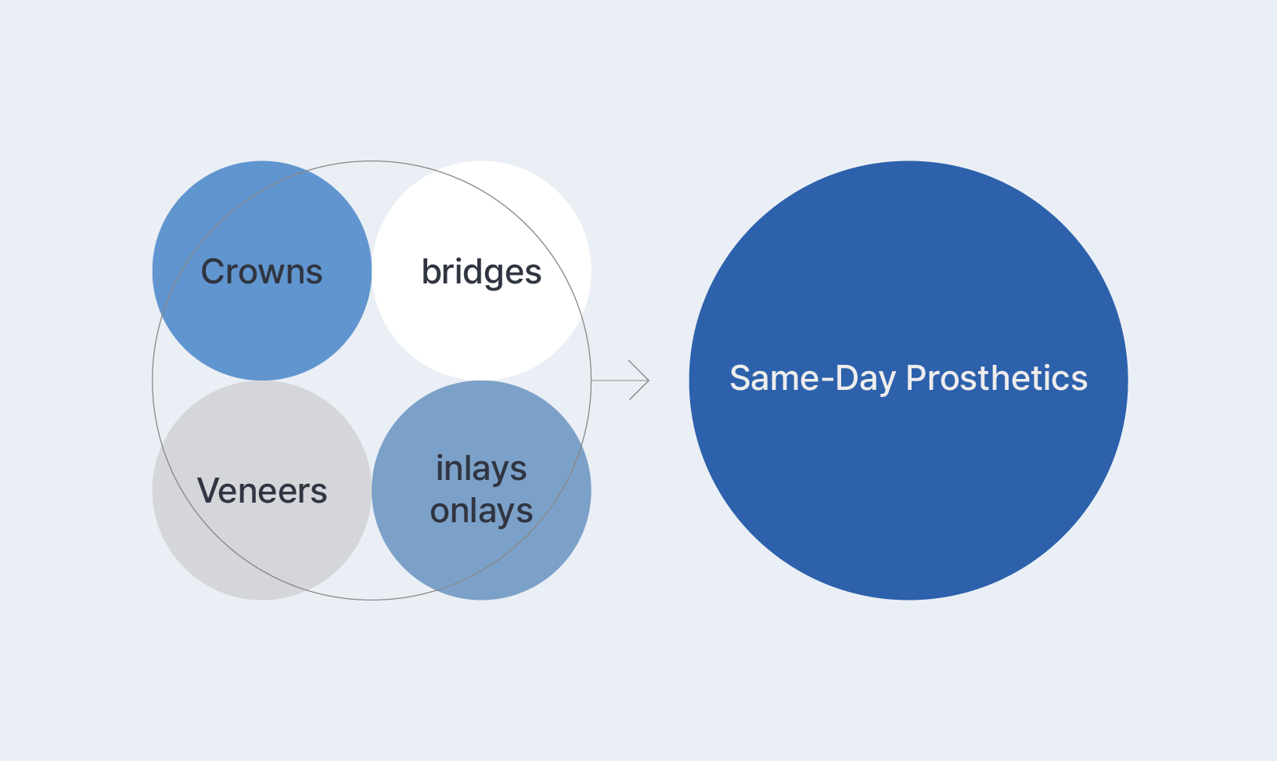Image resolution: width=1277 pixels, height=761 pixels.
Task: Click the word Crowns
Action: coord(261,272)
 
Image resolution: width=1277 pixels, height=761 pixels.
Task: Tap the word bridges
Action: coord(481,272)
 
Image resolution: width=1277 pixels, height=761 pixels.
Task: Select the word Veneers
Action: coord(262,491)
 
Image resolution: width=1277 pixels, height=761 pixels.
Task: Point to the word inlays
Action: coord(481,469)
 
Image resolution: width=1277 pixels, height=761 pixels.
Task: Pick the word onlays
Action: coord(481,510)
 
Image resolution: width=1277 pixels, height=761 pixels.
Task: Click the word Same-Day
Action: coord(813,379)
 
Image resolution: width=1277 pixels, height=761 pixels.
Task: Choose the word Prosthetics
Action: coord(997,378)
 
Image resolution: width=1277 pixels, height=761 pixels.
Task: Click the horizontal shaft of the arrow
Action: coord(620,380)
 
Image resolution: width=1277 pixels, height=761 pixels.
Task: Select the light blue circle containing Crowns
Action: coord(262,271)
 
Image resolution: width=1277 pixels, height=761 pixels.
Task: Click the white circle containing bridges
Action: coord(481,271)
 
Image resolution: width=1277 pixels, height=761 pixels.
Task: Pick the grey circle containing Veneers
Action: coord(262,490)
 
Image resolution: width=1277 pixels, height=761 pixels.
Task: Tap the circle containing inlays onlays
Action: coord(481,490)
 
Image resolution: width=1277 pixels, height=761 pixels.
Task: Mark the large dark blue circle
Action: coord(908,380)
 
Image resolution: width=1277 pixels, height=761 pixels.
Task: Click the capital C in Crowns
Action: coord(214,272)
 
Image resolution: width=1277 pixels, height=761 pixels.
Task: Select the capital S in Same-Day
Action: coord(741,378)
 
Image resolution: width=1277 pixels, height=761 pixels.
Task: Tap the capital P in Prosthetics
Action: coord(916,378)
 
